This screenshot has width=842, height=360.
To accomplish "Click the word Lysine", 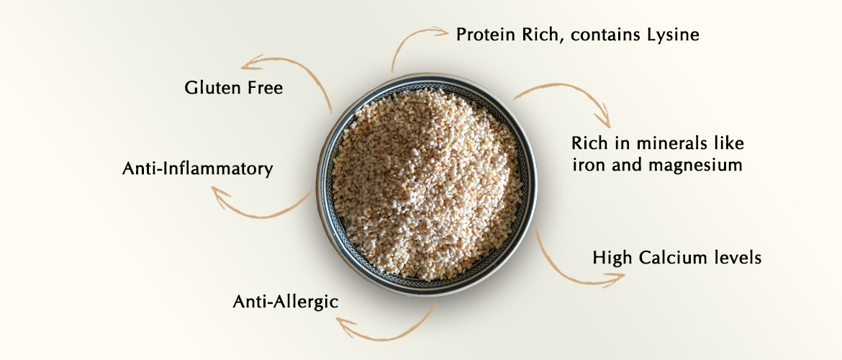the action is point(672,36).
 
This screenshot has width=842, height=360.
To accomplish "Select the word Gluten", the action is point(209,88).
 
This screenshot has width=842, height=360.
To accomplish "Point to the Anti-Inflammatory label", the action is point(198,169).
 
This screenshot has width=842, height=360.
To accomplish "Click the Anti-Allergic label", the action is point(285,302).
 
